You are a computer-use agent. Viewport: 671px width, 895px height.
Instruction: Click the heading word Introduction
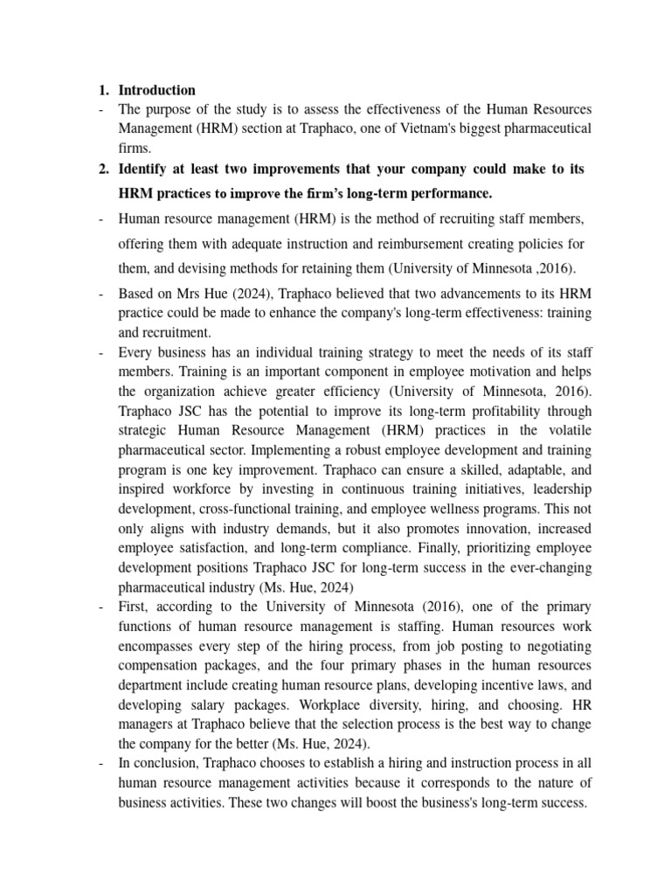pos(156,90)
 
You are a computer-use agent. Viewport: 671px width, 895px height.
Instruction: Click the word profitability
pos(463,410)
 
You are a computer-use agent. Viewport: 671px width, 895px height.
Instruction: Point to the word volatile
pos(564,429)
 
